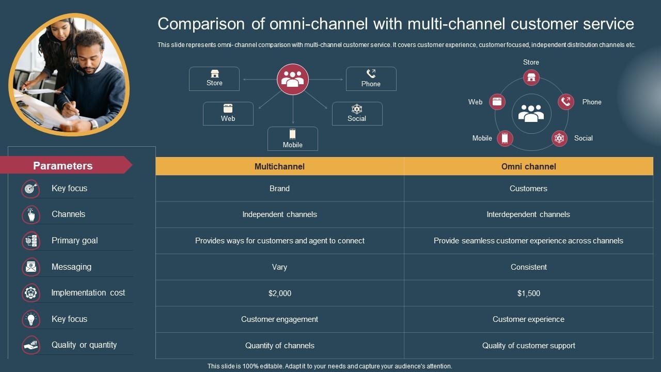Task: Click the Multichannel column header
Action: (x=279, y=166)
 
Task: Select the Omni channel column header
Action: (x=528, y=166)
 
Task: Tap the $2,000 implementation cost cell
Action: (x=279, y=293)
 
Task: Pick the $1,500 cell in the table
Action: (x=528, y=293)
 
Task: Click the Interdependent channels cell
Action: (x=528, y=214)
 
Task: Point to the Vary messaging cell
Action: (x=279, y=267)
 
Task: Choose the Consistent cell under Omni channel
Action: (x=528, y=267)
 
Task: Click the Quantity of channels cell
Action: (x=279, y=346)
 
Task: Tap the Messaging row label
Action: (x=71, y=267)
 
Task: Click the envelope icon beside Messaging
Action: (x=31, y=267)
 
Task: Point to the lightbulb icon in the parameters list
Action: (x=31, y=319)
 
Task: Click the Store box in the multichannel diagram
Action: (x=214, y=79)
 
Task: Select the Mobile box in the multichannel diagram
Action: (x=292, y=138)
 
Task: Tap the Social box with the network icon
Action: (x=357, y=113)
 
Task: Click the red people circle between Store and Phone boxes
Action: (x=293, y=79)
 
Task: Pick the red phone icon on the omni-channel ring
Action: (x=566, y=102)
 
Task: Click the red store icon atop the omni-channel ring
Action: (x=531, y=78)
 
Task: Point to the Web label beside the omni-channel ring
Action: (x=475, y=102)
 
